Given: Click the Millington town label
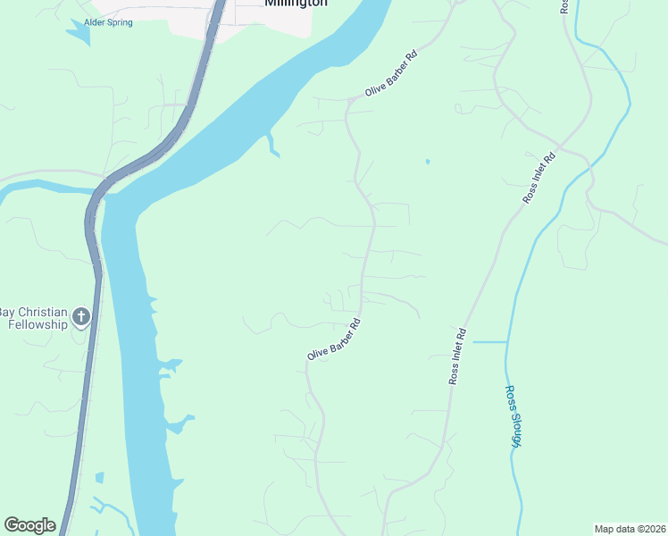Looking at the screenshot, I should (x=296, y=4).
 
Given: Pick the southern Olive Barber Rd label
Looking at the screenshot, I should (x=333, y=340).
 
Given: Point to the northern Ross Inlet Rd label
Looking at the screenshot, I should (x=539, y=178).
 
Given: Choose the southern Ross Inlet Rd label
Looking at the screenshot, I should (x=457, y=357).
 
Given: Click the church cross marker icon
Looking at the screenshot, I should (x=81, y=316).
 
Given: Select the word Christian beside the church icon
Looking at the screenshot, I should (x=38, y=312).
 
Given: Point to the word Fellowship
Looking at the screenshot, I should (x=38, y=324).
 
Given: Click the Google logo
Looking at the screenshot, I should (x=29, y=525).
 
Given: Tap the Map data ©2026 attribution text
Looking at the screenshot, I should (x=630, y=528).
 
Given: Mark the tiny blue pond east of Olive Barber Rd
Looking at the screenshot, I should (x=428, y=162).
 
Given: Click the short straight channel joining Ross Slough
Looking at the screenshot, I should (x=489, y=341).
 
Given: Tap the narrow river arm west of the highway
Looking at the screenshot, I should (x=45, y=187).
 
